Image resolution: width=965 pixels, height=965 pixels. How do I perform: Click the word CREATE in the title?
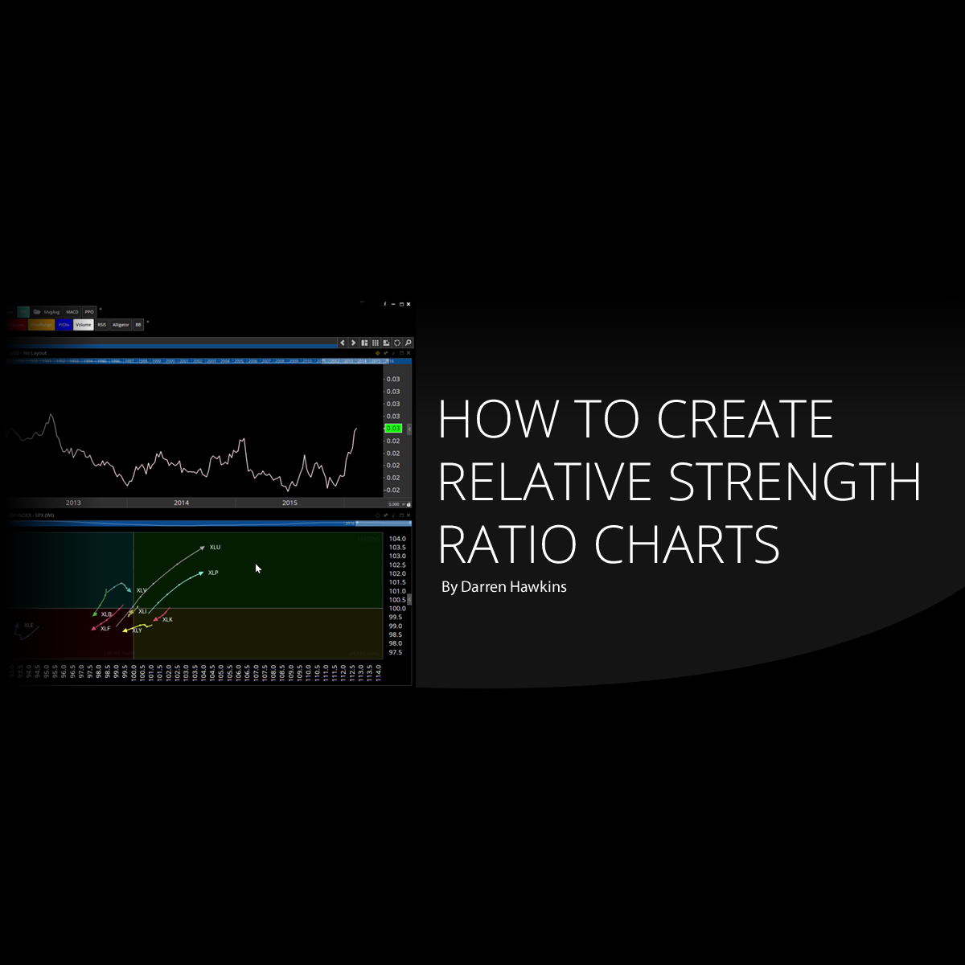point(745,419)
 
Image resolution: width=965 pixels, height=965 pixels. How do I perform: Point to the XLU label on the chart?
point(215,548)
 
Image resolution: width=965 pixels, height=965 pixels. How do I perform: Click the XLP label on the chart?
point(213,573)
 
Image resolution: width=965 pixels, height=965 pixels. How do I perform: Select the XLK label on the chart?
point(167,620)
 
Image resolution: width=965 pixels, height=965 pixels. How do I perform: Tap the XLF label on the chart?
point(105,629)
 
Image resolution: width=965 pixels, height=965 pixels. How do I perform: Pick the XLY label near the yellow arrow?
point(137,630)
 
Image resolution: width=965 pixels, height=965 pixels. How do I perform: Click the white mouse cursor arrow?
point(258,569)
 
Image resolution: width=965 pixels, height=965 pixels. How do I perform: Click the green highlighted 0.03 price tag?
point(393,429)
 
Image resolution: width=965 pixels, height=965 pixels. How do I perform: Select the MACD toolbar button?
point(72,312)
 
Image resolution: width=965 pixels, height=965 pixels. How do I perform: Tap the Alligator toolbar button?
point(121,325)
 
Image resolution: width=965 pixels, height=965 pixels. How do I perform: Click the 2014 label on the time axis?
point(181,503)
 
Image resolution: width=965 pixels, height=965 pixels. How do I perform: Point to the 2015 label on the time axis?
point(289,503)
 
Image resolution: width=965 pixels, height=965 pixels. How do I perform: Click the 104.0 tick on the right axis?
point(397,539)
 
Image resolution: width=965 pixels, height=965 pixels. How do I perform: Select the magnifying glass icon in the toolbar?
point(409,343)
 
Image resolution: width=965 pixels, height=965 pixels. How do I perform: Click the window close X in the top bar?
point(409,304)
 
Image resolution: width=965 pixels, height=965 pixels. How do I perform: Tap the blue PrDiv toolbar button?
point(64,325)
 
